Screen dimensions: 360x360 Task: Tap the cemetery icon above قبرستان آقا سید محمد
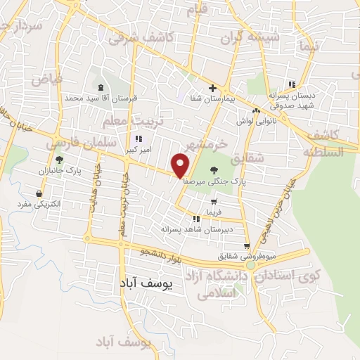pyautogui.click(x=102, y=88)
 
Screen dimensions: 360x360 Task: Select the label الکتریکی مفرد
pyautogui.click(x=41, y=205)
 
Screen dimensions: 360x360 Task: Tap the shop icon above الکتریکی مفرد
pyautogui.click(x=39, y=193)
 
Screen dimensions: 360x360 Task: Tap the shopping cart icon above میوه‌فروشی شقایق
pyautogui.click(x=247, y=246)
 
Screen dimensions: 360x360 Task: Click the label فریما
pyautogui.click(x=213, y=210)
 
